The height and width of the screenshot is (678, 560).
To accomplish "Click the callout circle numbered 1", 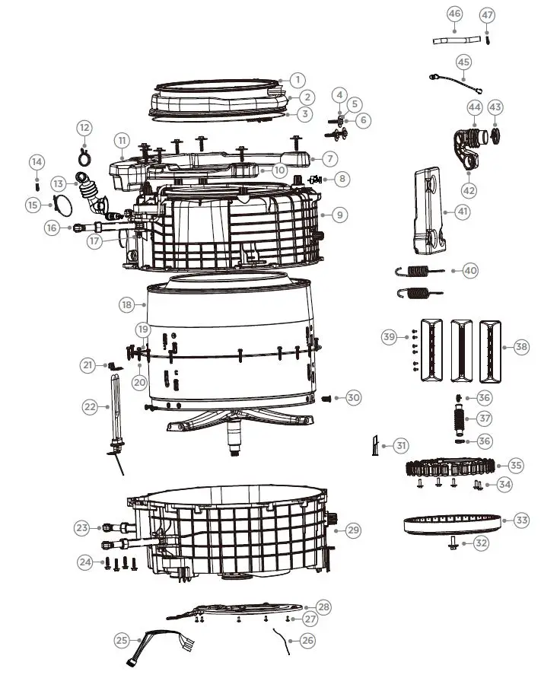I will click(x=297, y=79).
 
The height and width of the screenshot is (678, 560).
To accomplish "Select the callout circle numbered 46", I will click(x=455, y=14).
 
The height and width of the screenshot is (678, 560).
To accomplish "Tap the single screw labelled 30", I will click(x=329, y=398).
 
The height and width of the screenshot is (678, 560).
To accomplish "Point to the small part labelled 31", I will click(x=374, y=445).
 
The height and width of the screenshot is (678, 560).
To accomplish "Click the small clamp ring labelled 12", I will click(x=84, y=156).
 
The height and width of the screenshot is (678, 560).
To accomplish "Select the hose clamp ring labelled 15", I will click(x=63, y=204).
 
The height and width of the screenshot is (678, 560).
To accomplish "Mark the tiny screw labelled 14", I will click(x=37, y=183).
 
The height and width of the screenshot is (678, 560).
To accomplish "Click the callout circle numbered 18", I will click(x=127, y=304).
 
